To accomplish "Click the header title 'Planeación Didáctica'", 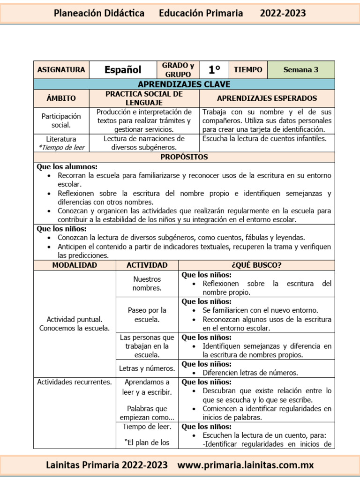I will click(99, 13).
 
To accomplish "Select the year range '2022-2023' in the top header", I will click(283, 13).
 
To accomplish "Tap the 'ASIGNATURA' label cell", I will click(61, 70).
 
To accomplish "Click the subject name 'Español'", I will click(123, 70).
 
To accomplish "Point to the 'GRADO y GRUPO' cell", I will click(178, 70).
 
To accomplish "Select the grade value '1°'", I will click(214, 70).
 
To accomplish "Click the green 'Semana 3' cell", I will click(301, 70).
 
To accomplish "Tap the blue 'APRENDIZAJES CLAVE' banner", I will click(184, 84).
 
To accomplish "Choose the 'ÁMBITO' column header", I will click(61, 98).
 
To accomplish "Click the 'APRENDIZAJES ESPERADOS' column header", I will click(267, 98).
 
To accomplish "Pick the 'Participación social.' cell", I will click(61, 120).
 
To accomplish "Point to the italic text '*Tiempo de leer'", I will click(61, 147).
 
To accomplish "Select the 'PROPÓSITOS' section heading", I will click(184, 157).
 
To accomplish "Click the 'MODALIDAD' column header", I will click(75, 265).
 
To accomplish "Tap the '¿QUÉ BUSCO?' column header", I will click(256, 265).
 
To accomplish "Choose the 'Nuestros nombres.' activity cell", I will click(147, 284).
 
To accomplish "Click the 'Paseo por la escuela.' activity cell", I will click(147, 315).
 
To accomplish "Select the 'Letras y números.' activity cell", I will click(147, 368).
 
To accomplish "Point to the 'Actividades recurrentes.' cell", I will click(75, 382).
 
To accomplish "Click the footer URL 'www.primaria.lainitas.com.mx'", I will click(246, 465).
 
